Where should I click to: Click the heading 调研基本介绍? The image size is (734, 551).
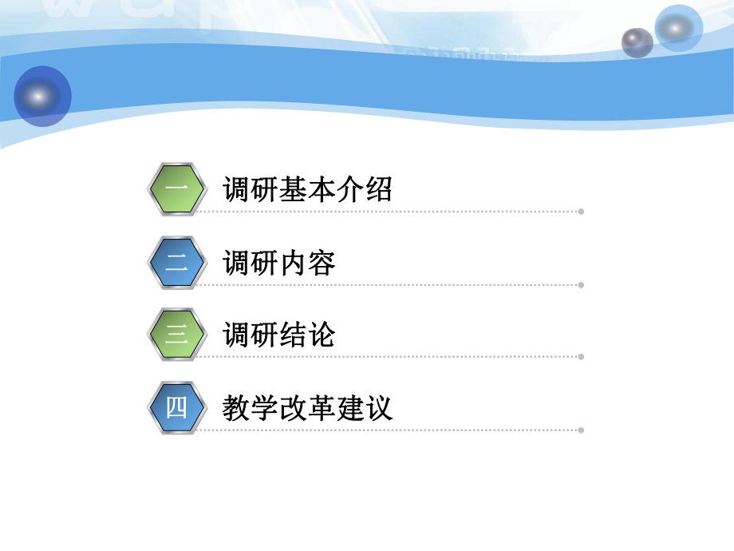(308, 190)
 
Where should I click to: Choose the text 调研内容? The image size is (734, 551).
(279, 263)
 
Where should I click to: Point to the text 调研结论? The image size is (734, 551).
(279, 335)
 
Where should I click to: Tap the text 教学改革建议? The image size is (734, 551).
(308, 409)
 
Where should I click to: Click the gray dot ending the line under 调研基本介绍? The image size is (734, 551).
(581, 212)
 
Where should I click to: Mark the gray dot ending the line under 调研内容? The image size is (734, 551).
(581, 284)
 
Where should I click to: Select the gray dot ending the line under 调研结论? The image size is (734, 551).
(581, 357)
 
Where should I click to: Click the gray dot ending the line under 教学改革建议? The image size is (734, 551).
(581, 430)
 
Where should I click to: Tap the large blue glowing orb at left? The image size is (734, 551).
(42, 97)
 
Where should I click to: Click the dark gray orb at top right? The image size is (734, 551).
(637, 42)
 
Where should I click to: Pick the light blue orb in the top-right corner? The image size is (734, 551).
(678, 28)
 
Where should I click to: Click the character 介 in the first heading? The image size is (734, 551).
(350, 190)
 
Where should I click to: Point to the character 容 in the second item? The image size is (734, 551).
(322, 263)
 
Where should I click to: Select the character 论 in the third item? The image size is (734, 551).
(322, 335)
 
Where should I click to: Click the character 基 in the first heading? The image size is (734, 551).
(294, 190)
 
